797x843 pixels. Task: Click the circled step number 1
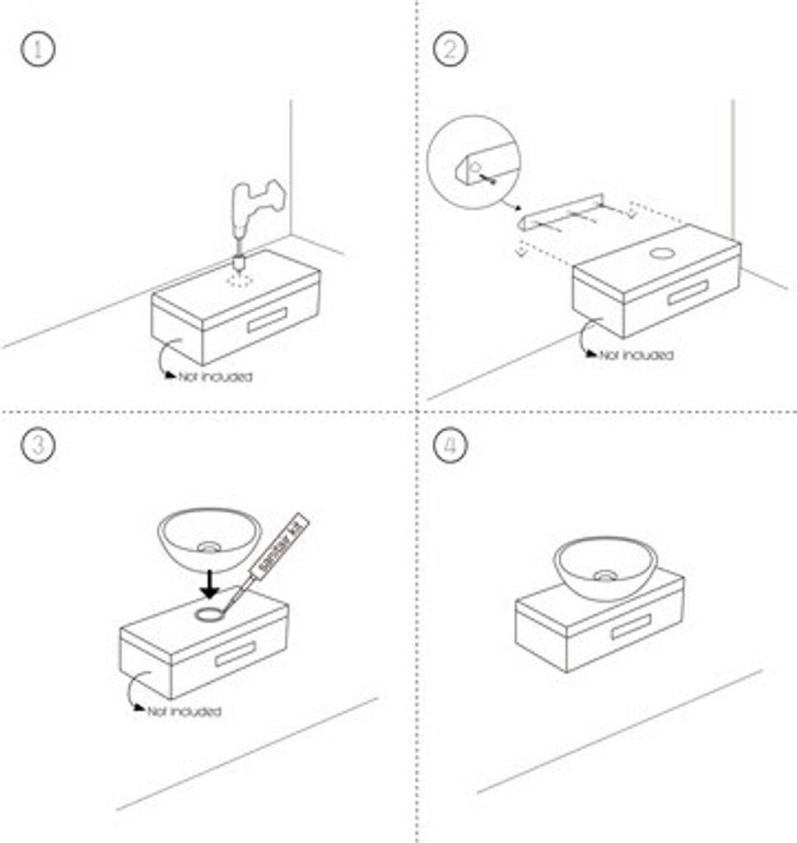[38, 49]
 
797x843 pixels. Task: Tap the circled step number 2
[450, 49]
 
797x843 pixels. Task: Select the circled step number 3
[38, 445]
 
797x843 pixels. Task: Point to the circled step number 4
[450, 445]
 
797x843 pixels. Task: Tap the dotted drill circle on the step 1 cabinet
[240, 281]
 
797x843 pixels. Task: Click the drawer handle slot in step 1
[267, 320]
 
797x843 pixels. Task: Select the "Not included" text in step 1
[216, 377]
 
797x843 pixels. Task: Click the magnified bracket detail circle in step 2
[473, 161]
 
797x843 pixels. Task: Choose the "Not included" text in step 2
[636, 356]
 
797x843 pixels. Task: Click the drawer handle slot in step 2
[687, 291]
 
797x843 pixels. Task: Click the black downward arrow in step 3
[211, 585]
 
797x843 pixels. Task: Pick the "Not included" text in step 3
[184, 710]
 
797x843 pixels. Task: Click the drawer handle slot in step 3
[235, 654]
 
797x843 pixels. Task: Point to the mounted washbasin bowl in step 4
[605, 567]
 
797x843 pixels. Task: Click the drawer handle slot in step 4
[632, 627]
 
